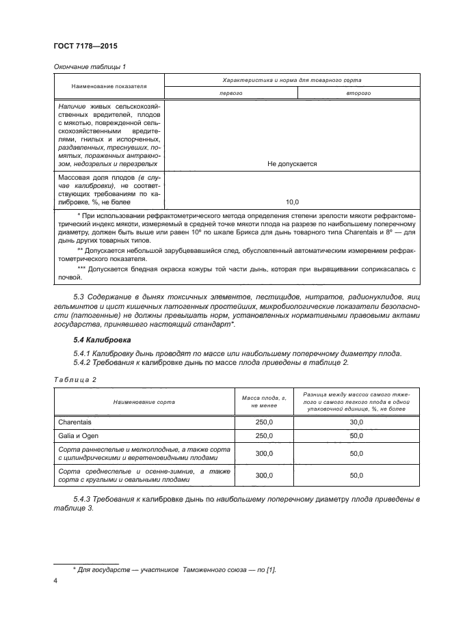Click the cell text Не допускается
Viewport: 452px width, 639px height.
pos(291,164)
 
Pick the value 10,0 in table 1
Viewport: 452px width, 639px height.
pos(292,202)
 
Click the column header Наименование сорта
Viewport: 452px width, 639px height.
pos(144,402)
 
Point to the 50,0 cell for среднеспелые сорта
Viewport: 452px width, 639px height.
pos(356,475)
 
